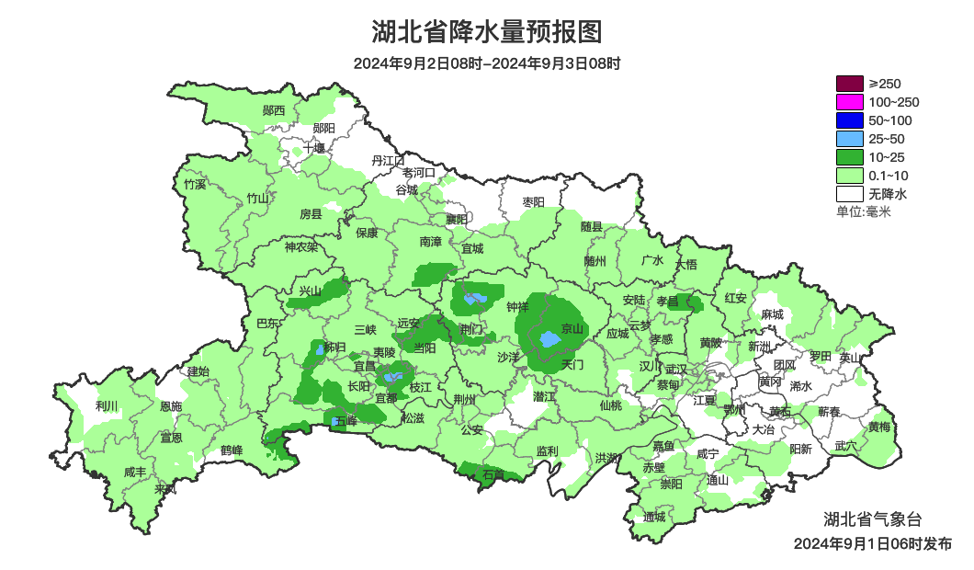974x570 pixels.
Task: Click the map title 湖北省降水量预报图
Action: tap(486, 32)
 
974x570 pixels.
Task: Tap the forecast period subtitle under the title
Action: tap(486, 63)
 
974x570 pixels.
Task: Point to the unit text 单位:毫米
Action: tap(863, 211)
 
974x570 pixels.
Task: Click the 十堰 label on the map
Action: tap(314, 147)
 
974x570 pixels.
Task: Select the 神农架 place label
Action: tap(300, 246)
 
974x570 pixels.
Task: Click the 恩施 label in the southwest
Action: tap(171, 406)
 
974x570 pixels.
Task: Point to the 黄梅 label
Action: tap(878, 427)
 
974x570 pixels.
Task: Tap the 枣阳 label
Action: tap(533, 201)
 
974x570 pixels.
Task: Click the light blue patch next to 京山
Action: tap(549, 339)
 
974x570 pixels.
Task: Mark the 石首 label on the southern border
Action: tap(493, 474)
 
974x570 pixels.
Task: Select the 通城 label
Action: tap(654, 517)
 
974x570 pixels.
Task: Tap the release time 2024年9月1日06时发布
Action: tap(872, 543)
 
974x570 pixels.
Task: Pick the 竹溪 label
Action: tap(195, 184)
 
